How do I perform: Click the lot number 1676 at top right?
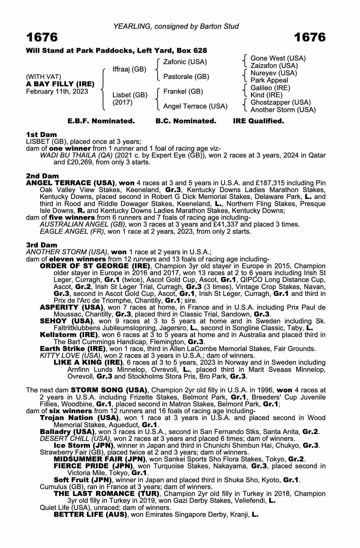point(310,37)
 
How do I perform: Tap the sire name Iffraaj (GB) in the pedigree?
point(129,69)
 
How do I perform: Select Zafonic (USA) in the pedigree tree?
point(185,62)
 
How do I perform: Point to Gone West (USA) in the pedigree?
point(278,58)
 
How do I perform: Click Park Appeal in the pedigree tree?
point(269,80)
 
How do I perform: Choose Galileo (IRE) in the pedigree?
point(270,88)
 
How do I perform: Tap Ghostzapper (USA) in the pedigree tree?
point(281,102)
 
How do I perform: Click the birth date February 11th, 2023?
point(57,92)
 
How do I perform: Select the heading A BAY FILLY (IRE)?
point(60,84)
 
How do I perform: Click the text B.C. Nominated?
point(186,121)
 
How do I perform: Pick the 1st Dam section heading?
point(41,135)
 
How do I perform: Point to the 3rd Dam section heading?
point(42,245)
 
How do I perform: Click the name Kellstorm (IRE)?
point(69,335)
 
